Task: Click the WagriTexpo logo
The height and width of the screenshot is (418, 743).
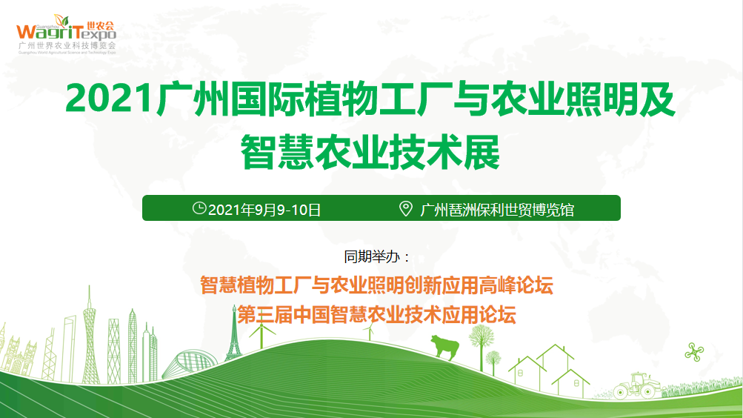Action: click(67, 34)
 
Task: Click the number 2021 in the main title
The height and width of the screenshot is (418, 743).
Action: click(110, 99)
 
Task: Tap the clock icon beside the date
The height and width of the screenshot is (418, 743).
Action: click(199, 208)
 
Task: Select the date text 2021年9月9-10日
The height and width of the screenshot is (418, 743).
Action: click(264, 210)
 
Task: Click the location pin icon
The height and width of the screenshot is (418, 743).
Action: click(406, 208)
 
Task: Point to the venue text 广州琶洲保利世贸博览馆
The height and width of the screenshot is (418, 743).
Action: click(497, 210)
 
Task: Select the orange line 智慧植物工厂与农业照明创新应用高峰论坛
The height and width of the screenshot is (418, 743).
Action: click(376, 285)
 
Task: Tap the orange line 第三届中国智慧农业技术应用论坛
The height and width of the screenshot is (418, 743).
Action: click(376, 315)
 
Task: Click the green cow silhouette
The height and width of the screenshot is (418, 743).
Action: click(444, 346)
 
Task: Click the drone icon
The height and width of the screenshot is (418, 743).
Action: click(694, 352)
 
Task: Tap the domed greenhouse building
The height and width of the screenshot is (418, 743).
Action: click(190, 364)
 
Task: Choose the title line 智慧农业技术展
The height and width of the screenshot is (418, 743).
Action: click(370, 152)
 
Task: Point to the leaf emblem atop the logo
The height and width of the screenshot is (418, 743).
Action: click(61, 20)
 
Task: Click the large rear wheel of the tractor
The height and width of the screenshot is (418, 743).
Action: click(621, 392)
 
